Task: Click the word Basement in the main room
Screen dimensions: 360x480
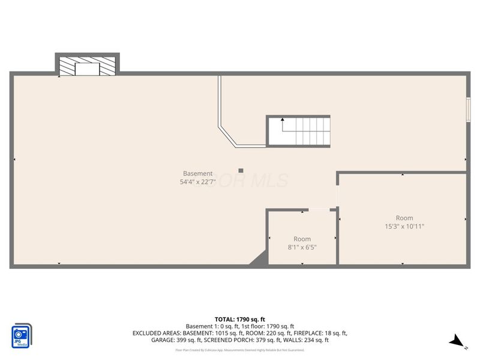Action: [x=198, y=173]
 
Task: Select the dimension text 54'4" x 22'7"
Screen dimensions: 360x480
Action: [x=198, y=182]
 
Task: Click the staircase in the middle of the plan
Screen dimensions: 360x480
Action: [x=298, y=131]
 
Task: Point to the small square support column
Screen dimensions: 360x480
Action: [x=241, y=170]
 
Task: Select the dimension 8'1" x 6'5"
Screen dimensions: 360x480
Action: [x=302, y=247]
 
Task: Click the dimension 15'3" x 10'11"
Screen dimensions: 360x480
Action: [x=404, y=226]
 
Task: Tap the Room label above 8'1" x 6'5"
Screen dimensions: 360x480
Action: [x=302, y=239]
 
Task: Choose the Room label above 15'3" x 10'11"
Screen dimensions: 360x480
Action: [x=404, y=218]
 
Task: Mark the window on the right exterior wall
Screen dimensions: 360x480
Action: [x=468, y=109]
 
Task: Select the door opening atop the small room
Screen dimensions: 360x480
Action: [x=319, y=209]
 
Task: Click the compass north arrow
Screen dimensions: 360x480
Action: [x=458, y=341]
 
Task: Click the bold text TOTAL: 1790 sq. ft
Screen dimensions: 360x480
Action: [x=240, y=319]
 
